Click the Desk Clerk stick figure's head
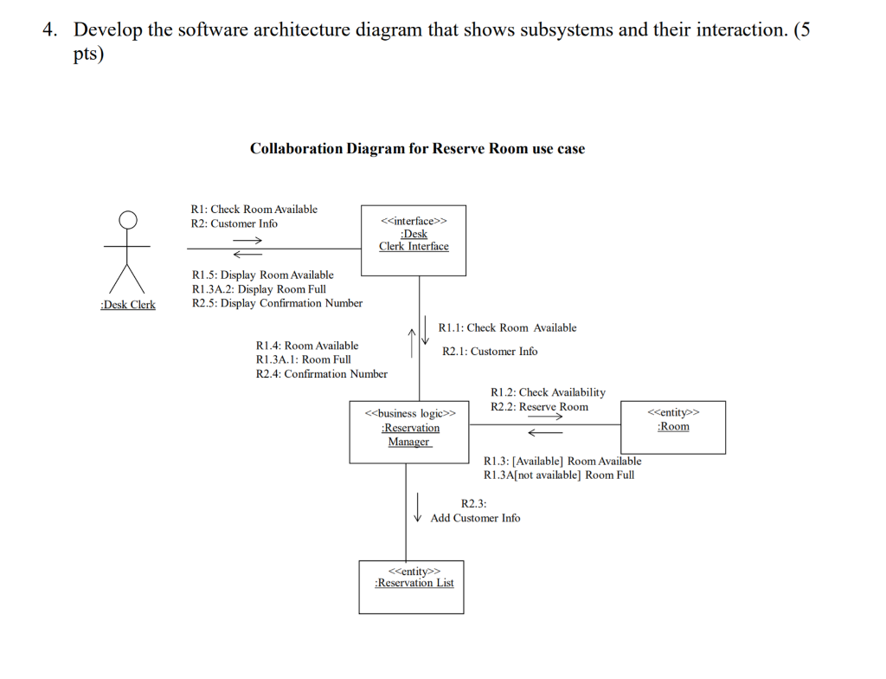(128, 220)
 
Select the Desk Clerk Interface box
(413, 240)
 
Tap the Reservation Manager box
(409, 431)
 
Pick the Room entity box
(673, 426)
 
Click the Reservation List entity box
(411, 586)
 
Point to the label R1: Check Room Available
(254, 210)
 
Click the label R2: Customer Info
(234, 223)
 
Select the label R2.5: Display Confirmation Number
(277, 303)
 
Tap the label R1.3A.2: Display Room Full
(259, 289)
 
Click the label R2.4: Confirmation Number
(322, 374)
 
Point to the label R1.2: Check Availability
(548, 392)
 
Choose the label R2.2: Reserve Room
(539, 407)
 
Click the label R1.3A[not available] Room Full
(559, 475)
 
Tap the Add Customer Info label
(475, 518)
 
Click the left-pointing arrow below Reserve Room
(544, 431)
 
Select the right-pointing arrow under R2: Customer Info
(246, 240)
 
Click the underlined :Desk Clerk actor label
(128, 305)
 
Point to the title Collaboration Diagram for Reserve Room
(417, 149)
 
